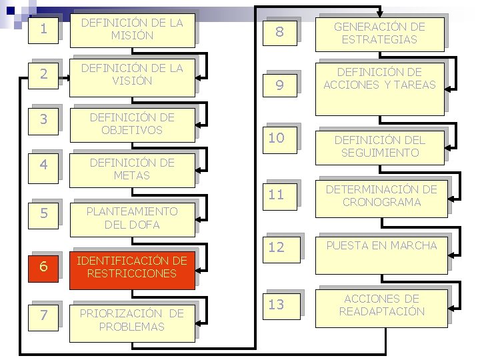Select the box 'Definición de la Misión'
click(x=131, y=29)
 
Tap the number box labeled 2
click(x=43, y=73)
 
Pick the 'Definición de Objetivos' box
click(x=131, y=124)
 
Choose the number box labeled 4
click(x=43, y=164)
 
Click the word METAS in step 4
click(x=132, y=176)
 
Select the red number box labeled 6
click(x=43, y=266)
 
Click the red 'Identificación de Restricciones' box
click(x=131, y=267)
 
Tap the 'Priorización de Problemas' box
click(x=131, y=321)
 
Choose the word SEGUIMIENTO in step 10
click(x=379, y=153)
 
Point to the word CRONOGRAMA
click(x=379, y=202)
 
